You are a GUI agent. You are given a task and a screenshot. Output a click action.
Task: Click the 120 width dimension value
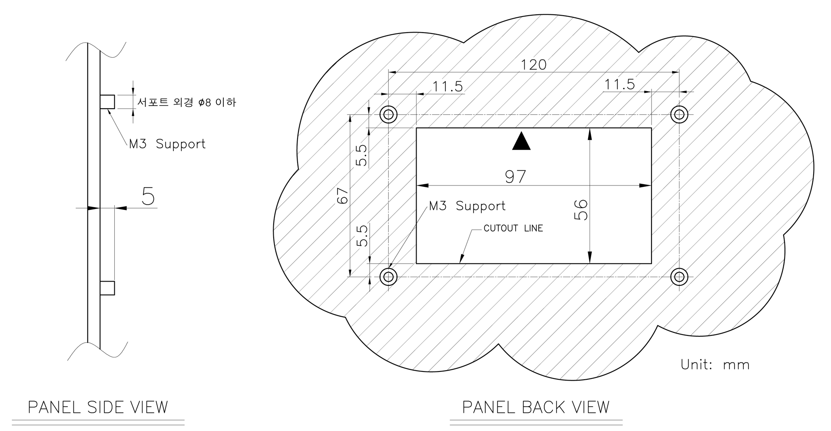[x=533, y=65]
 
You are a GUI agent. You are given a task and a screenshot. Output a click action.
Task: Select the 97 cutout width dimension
[x=516, y=176]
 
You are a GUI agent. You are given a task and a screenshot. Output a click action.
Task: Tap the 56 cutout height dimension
[x=580, y=210]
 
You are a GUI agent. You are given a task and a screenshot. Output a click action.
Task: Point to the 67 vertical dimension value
[x=342, y=196]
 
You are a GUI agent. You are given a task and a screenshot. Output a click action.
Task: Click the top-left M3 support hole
[x=388, y=115]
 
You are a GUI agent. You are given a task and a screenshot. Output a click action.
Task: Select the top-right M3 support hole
[x=679, y=115]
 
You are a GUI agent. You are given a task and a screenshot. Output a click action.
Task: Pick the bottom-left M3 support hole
[x=388, y=276]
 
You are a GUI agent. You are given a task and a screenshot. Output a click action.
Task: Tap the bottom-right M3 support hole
[x=679, y=276]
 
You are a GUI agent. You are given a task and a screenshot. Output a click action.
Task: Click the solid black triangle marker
[x=521, y=142]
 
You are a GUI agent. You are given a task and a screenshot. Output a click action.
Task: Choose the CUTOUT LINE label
[x=513, y=228]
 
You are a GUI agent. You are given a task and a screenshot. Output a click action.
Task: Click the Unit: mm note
[x=715, y=364]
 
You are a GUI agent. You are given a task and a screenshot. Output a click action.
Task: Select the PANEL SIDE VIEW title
[x=98, y=407]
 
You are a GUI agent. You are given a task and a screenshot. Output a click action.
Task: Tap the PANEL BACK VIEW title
[x=536, y=407]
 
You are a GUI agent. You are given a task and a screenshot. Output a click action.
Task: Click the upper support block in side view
[x=107, y=102]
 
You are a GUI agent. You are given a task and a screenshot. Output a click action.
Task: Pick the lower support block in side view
[x=107, y=288]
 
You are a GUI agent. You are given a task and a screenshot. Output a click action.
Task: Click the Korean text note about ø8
[x=186, y=103]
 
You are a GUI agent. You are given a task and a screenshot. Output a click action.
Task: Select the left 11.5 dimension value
[x=448, y=86]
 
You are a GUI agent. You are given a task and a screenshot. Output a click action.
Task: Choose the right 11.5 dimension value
[x=619, y=84]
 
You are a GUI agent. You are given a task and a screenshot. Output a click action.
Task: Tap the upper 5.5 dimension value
[x=361, y=155]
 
